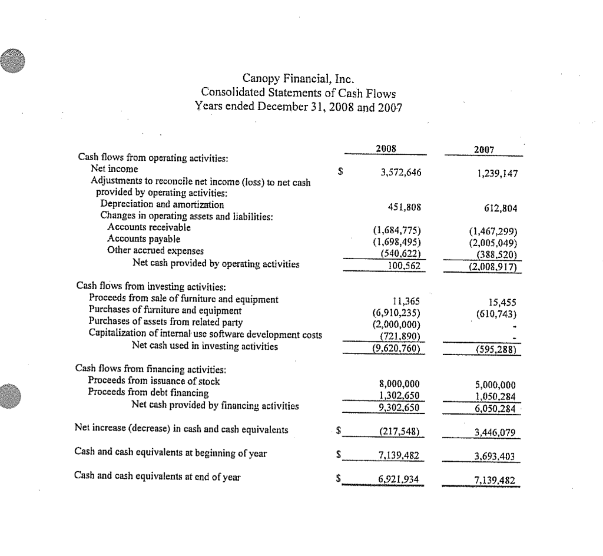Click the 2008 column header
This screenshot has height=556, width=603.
tap(386, 149)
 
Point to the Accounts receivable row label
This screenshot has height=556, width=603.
tap(149, 227)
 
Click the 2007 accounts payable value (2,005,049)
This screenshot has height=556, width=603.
tap(493, 243)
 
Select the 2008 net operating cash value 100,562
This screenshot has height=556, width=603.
tap(404, 266)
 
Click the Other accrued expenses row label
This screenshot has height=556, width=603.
tap(152, 250)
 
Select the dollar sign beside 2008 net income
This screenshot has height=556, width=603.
tap(340, 173)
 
